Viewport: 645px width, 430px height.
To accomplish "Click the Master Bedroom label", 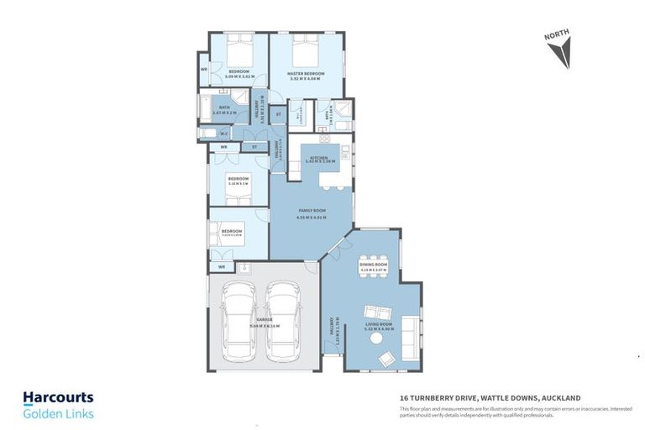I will click(306, 73).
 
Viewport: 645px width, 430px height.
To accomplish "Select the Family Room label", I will click(312, 211).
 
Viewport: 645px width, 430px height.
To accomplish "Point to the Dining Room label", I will click(374, 265).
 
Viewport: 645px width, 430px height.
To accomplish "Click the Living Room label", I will click(379, 323).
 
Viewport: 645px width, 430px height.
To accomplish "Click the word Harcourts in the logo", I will click(58, 397).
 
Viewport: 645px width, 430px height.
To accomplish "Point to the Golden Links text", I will click(58, 413).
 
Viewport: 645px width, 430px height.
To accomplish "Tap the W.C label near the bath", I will click(224, 134).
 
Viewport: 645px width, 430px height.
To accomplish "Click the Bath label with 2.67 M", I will click(224, 107).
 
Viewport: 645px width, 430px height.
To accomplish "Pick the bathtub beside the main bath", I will click(206, 108).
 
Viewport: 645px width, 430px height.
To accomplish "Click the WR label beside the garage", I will click(222, 267).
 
